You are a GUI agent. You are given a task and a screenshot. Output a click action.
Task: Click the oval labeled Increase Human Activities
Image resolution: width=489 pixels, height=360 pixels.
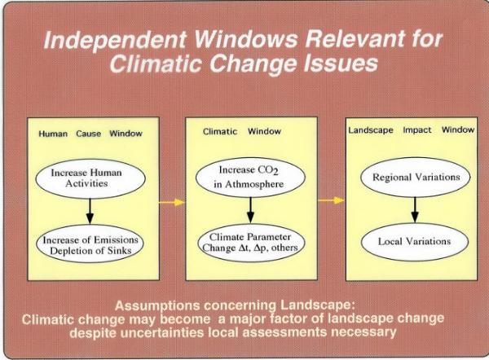[90, 178]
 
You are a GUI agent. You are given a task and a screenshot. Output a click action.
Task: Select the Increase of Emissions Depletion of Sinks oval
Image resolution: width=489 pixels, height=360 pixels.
[90, 244]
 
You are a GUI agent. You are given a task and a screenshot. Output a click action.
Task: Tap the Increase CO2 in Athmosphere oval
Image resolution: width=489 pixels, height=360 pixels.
[250, 178]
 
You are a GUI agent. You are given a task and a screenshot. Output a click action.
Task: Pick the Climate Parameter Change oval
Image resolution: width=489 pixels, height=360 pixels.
[250, 242]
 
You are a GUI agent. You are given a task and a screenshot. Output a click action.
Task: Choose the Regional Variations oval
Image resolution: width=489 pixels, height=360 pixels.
[415, 177]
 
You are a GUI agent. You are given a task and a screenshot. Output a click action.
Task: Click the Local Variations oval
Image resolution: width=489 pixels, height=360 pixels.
[415, 242]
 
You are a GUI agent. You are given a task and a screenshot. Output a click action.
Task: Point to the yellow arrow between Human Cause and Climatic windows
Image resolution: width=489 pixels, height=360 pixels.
[172, 202]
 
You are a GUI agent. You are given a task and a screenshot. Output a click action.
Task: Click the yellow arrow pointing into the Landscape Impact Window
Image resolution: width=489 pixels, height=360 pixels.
[331, 200]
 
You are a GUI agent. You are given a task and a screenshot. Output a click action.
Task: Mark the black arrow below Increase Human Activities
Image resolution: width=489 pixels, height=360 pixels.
[90, 211]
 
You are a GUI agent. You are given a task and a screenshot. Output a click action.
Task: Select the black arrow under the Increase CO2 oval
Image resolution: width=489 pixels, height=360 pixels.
[250, 210]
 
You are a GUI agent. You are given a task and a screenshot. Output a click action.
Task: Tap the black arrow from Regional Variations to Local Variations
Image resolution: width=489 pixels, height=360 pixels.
[415, 210]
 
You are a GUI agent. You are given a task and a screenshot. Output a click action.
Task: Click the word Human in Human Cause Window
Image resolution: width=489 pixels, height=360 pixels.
[53, 134]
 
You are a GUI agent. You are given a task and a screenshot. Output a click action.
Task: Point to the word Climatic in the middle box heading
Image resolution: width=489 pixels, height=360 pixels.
[220, 131]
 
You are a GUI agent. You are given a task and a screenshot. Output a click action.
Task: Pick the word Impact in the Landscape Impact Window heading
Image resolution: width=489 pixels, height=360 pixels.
[417, 130]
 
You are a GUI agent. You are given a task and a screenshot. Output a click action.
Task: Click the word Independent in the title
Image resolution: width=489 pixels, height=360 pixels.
[115, 40]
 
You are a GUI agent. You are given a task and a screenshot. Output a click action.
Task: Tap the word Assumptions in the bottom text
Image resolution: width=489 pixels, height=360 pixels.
[157, 305]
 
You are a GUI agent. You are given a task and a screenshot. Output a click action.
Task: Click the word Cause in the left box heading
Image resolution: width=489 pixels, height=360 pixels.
[89, 134]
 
